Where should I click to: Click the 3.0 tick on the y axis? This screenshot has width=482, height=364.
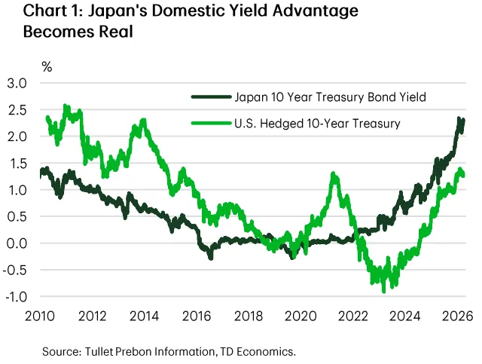tap(17, 84)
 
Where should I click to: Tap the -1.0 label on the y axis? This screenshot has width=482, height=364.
tap(15, 297)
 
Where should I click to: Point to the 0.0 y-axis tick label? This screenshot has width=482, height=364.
tap(17, 243)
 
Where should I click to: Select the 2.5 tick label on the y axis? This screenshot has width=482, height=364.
tap(17, 110)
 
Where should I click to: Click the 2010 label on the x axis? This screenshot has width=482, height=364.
tap(40, 317)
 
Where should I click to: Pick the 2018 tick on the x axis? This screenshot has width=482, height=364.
tap(249, 317)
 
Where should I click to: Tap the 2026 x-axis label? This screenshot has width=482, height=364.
tap(457, 317)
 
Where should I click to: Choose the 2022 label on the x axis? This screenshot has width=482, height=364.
tap(353, 317)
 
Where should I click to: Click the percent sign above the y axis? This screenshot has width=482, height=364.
tap(47, 67)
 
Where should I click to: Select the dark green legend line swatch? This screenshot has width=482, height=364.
tap(211, 97)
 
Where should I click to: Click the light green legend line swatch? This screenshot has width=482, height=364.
tap(211, 124)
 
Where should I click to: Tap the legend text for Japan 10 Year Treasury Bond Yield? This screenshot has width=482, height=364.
tap(330, 97)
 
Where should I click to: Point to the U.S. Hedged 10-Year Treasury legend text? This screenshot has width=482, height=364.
tap(317, 124)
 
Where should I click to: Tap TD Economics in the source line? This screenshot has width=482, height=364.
tap(258, 351)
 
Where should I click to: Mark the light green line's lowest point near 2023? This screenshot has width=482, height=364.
tap(383, 292)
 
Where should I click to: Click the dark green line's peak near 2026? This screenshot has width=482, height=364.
tap(459, 118)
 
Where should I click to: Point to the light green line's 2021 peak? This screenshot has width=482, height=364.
tap(333, 174)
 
